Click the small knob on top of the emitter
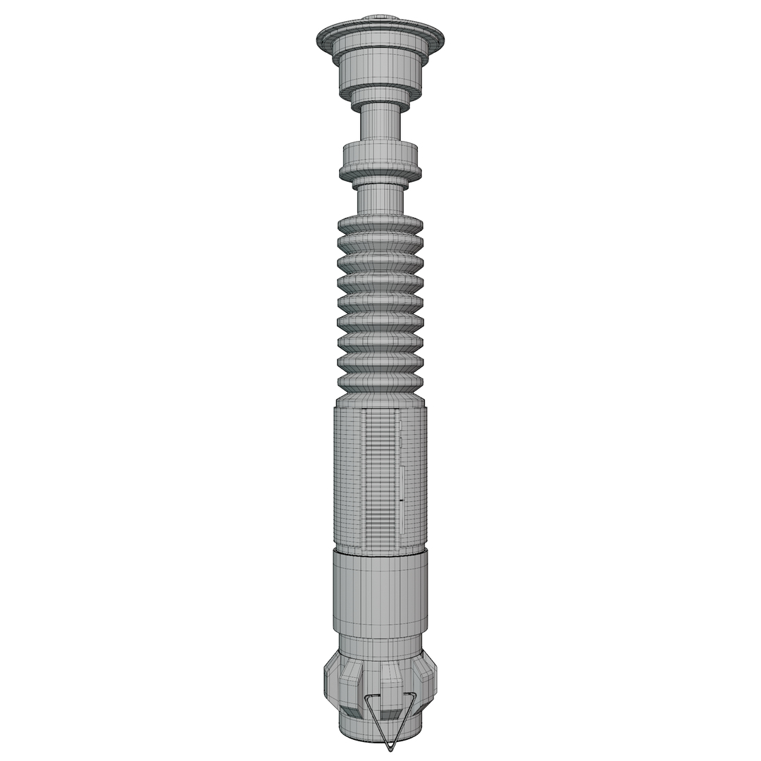pyautogui.click(x=380, y=18)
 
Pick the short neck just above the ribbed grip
pyautogui.click(x=381, y=199)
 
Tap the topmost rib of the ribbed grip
pyautogui.click(x=381, y=224)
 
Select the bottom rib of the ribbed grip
pyautogui.click(x=381, y=383)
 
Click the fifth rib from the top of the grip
pyautogui.click(x=381, y=304)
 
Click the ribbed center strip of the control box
pyautogui.click(x=380, y=479)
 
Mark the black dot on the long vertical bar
pyautogui.click(x=401, y=500)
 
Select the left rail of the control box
pyautogui.click(x=364, y=479)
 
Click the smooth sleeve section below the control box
pyautogui.click(x=380, y=595)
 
